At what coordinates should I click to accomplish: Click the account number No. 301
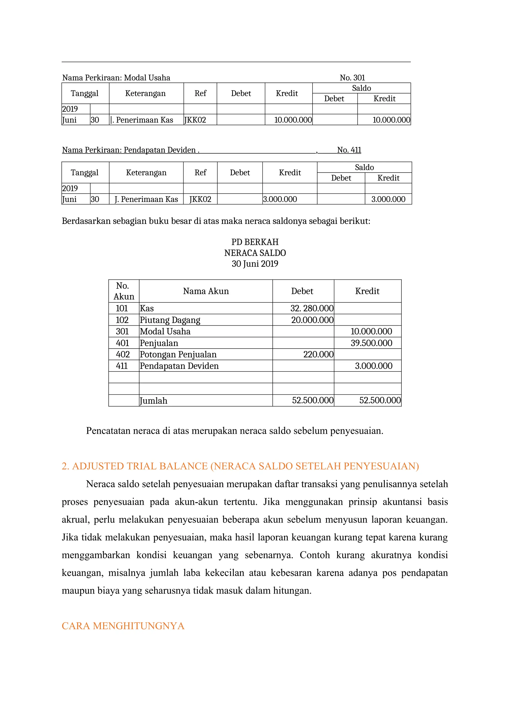coord(352,78)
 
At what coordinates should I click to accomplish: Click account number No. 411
coord(349,150)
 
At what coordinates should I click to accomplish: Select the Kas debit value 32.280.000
coord(312,308)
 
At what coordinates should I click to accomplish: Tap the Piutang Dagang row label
coord(170,320)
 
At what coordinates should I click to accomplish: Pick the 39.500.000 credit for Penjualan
coord(371,343)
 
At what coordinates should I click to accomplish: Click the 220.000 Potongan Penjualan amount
coord(318,355)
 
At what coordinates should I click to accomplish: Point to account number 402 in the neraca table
coord(123,355)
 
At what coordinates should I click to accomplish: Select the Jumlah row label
coord(154,401)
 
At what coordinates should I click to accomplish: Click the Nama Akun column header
coord(206,291)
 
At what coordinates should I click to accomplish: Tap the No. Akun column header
coord(124,291)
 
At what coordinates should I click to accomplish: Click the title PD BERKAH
coord(255,242)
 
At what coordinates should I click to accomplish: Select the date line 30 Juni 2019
coord(255,264)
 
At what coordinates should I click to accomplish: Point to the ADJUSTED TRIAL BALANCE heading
coord(240,466)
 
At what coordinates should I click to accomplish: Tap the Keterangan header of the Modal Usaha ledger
coord(145,93)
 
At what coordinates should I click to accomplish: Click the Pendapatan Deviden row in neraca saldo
coord(179,366)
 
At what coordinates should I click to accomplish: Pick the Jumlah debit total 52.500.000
coord(313,400)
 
